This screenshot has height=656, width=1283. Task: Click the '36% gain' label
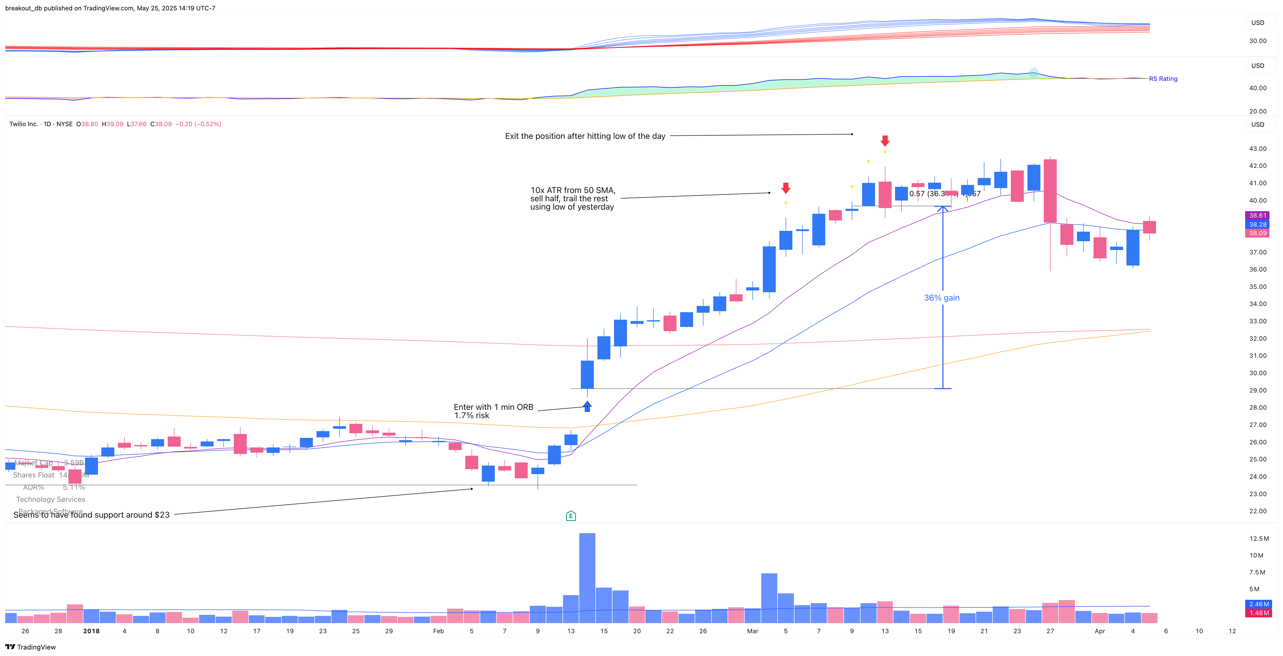(941, 298)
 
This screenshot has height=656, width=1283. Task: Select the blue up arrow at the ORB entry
(587, 406)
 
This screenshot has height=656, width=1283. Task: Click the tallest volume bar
(587, 577)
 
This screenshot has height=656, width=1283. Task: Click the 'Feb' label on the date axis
(438, 631)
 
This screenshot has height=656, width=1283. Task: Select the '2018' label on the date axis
(91, 631)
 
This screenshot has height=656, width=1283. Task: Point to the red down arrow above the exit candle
(885, 140)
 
